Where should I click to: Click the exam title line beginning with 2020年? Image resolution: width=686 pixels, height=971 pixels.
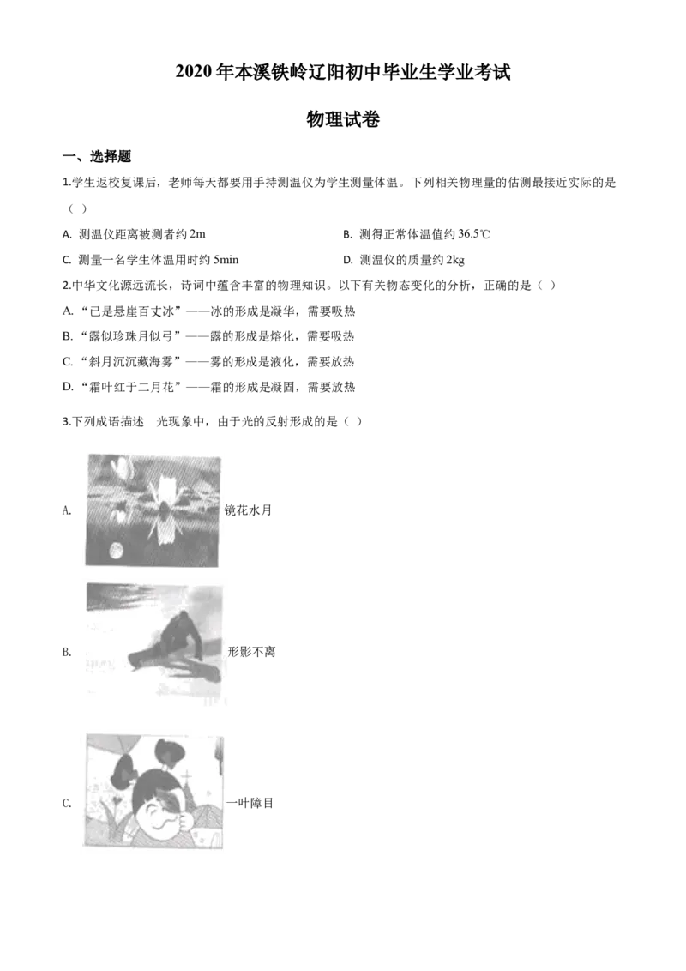coord(343,72)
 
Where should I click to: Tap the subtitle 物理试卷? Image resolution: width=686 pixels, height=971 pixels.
coord(343,119)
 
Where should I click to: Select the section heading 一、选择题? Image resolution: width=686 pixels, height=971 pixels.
coord(97,157)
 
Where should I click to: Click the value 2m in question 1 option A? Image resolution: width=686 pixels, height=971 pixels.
coord(197,234)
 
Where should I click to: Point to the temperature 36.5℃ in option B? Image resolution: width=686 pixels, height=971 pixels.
coord(473,234)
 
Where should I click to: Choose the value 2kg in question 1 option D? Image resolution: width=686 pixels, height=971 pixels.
coord(455,260)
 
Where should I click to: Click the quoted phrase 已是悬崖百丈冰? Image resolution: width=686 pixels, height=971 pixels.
coord(132,311)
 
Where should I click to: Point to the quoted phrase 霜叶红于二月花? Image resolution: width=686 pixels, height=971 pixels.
coord(131,388)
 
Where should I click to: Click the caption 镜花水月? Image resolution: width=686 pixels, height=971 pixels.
coord(249,510)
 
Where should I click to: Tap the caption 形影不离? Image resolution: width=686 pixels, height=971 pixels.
coord(251,651)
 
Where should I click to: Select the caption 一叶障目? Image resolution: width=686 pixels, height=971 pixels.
coord(250,803)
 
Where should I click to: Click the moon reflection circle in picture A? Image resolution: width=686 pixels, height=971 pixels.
coord(116,549)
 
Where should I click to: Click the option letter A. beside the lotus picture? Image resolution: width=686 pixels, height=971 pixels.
coord(68,510)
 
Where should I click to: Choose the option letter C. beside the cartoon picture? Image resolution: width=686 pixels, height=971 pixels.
coord(68,803)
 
